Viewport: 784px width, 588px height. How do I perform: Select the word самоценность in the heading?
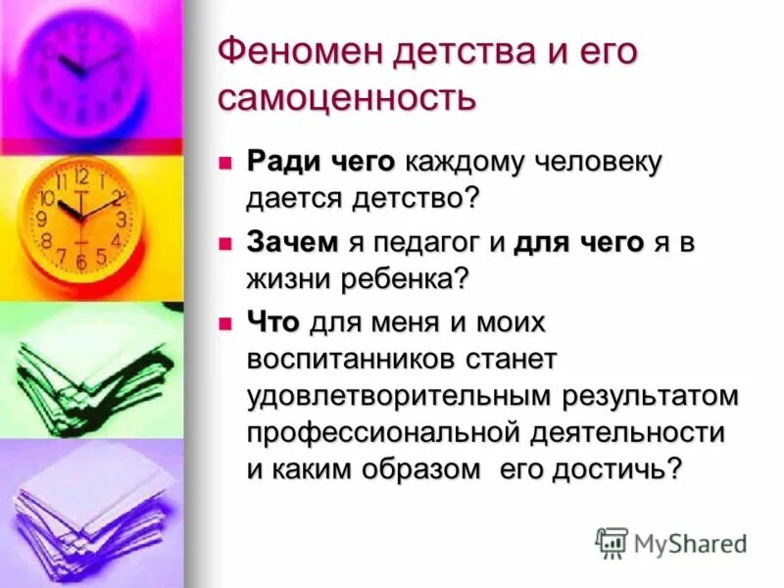point(347,98)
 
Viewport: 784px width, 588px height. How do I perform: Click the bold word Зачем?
point(293,243)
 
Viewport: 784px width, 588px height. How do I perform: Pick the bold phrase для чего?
point(578,243)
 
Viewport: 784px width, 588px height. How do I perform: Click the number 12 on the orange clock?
point(81,177)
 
